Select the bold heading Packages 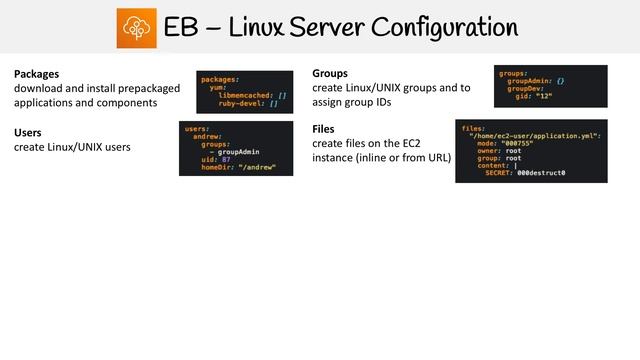pos(36,74)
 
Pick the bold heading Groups pos(330,74)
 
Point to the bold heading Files pos(324,129)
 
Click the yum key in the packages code pos(215,85)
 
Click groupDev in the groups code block pos(523,88)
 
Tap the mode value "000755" pos(516,144)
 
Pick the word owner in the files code pos(488,151)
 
